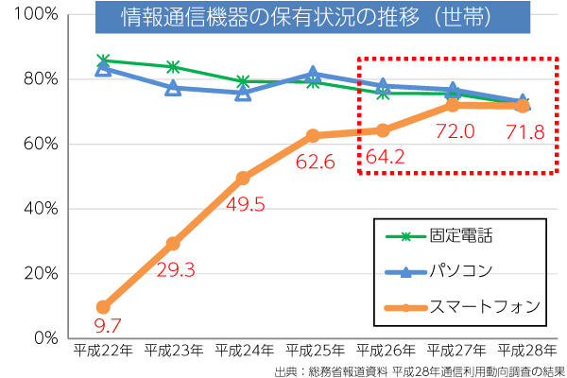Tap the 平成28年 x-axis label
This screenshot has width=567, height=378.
525,351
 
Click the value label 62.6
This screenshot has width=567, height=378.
317,162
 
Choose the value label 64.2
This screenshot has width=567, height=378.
386,157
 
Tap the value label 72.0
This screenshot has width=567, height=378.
455,131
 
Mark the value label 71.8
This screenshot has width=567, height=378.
525,131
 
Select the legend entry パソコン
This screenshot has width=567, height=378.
460,271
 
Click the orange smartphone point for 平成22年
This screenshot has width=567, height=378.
103,307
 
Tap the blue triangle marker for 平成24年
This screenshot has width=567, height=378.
243,93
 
